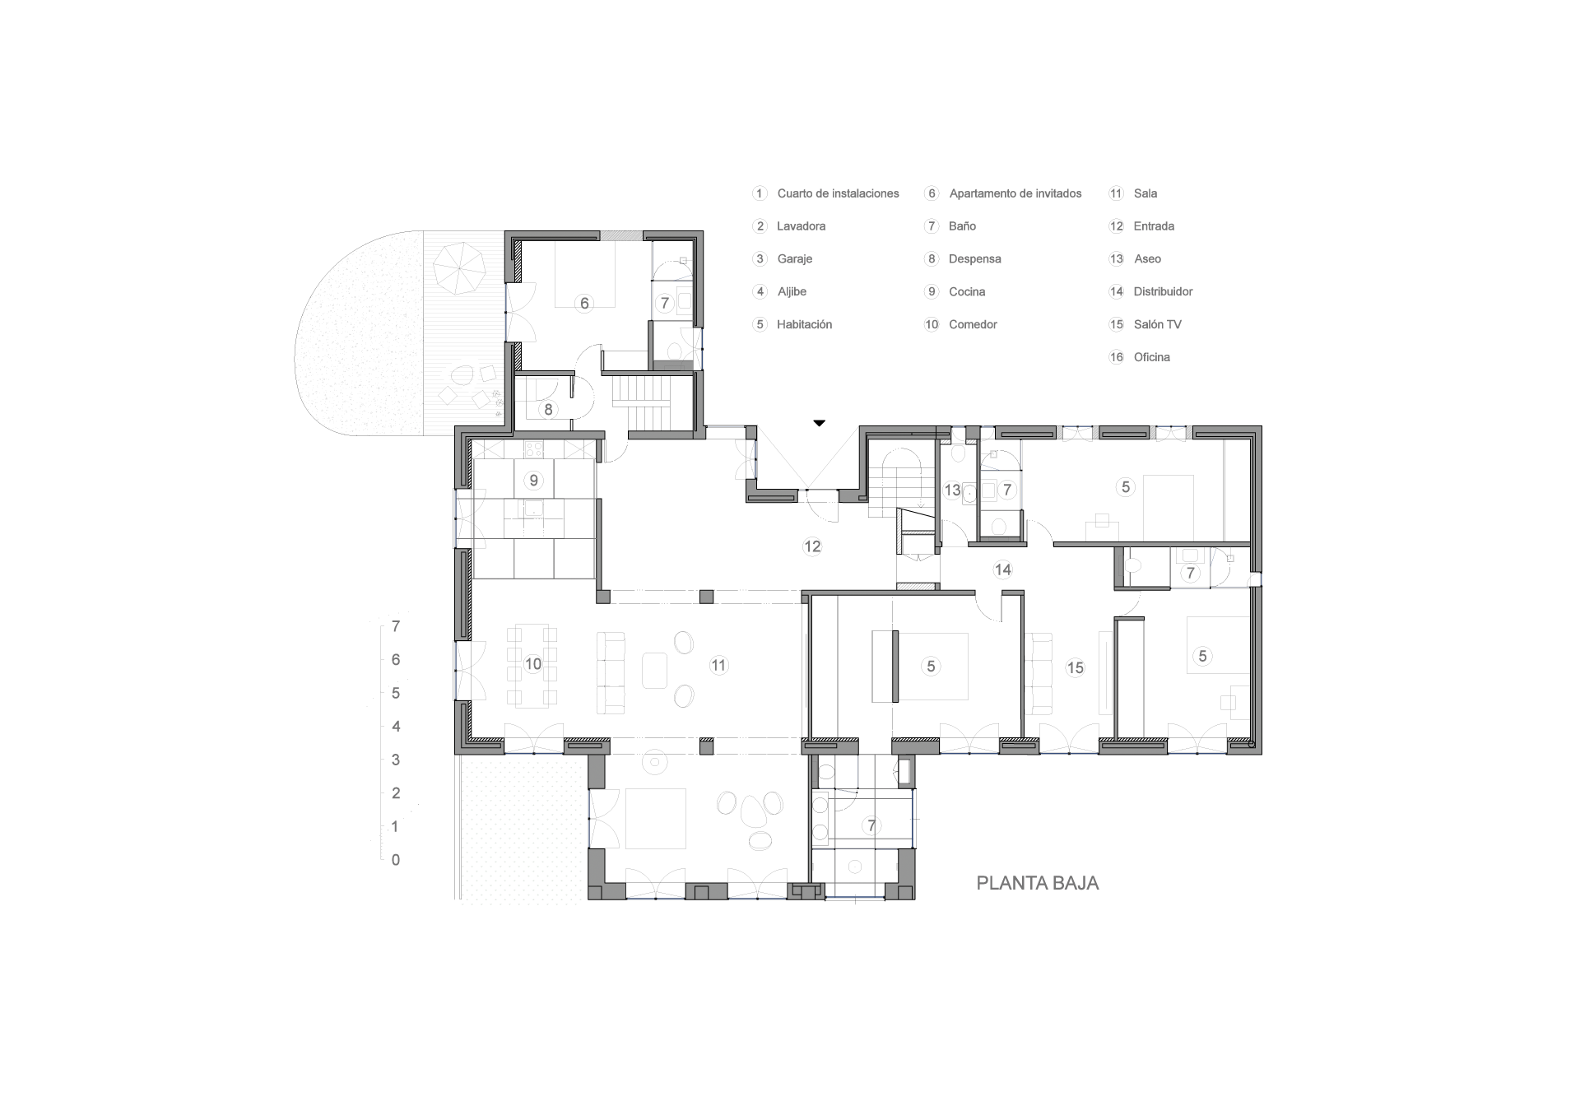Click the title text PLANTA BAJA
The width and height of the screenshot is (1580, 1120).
click(x=1037, y=883)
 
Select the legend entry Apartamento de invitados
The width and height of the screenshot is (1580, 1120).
click(x=1015, y=193)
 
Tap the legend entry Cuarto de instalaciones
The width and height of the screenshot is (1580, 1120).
click(x=838, y=193)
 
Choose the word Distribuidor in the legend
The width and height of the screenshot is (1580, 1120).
click(x=1163, y=291)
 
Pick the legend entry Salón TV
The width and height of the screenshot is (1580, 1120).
click(x=1157, y=324)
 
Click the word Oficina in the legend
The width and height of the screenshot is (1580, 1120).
click(x=1151, y=357)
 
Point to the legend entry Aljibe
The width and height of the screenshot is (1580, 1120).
click(x=792, y=291)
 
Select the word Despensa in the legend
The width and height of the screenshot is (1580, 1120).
click(x=974, y=258)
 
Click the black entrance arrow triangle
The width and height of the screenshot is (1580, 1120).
click(x=819, y=423)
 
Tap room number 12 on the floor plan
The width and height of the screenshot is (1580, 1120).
click(x=812, y=546)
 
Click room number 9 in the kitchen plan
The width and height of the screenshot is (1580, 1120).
click(x=534, y=480)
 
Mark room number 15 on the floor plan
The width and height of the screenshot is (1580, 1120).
click(x=1076, y=667)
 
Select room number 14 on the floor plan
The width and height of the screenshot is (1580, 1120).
click(x=1002, y=569)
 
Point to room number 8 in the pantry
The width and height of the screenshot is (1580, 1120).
click(x=548, y=408)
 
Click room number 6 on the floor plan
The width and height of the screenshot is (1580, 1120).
click(x=584, y=303)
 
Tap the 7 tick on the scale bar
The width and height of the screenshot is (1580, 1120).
click(x=396, y=626)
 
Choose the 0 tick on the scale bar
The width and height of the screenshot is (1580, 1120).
click(x=396, y=860)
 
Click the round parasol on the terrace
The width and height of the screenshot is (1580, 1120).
click(x=458, y=268)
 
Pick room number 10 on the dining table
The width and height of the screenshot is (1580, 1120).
click(x=533, y=664)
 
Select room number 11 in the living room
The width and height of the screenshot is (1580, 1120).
click(x=718, y=665)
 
